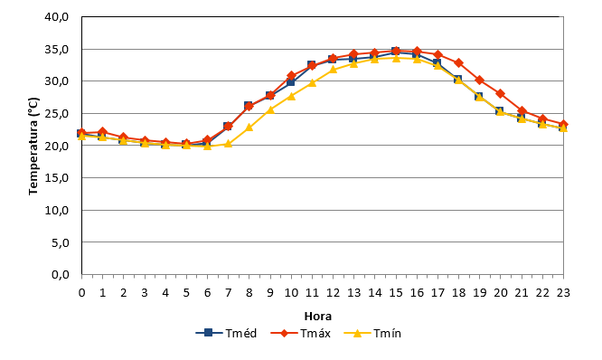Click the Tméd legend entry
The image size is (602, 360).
pyautogui.click(x=226, y=333)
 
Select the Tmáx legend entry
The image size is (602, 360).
pyautogui.click(x=301, y=333)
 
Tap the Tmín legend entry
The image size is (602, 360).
pyautogui.click(x=372, y=333)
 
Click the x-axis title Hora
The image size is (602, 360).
pyautogui.click(x=318, y=317)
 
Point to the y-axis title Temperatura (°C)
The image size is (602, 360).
pyautogui.click(x=33, y=146)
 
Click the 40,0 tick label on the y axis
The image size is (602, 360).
pyautogui.click(x=57, y=17)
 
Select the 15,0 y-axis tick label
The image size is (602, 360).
pyautogui.click(x=57, y=178)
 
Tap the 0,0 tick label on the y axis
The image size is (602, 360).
pyautogui.click(x=61, y=275)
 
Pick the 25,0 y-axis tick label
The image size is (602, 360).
pyautogui.click(x=57, y=114)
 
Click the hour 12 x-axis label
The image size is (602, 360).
pyautogui.click(x=333, y=293)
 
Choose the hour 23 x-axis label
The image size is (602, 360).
pyautogui.click(x=563, y=293)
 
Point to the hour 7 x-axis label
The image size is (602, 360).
pyautogui.click(x=228, y=293)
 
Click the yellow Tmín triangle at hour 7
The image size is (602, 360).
pyautogui.click(x=228, y=144)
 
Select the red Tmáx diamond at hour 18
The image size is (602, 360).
pyautogui.click(x=458, y=62)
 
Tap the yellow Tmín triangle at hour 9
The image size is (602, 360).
pyautogui.click(x=270, y=109)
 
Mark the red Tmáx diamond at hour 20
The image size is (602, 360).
pyautogui.click(x=500, y=93)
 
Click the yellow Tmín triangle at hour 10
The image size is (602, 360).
pyautogui.click(x=291, y=96)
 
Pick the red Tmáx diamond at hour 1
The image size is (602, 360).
pyautogui.click(x=102, y=132)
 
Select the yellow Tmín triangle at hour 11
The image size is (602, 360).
pyautogui.click(x=312, y=82)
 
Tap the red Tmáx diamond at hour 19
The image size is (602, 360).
pyautogui.click(x=480, y=80)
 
